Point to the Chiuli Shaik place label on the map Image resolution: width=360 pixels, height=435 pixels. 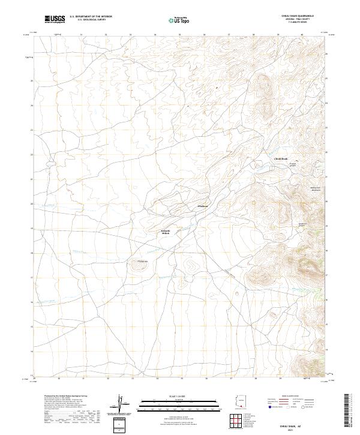pyautogui.click(x=281, y=158)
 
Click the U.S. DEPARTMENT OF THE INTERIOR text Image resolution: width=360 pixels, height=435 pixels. pyautogui.click(x=91, y=16)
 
